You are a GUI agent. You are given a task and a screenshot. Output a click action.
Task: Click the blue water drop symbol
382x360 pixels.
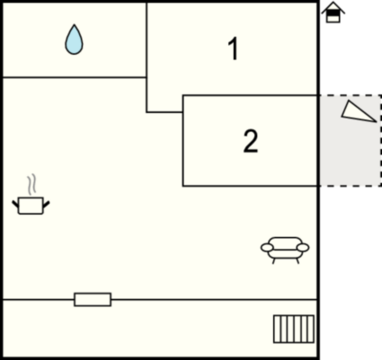(x=74, y=40)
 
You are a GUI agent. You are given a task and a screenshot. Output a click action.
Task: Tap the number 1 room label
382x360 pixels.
(x=233, y=48)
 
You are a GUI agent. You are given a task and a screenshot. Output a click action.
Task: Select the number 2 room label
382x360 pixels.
(x=251, y=141)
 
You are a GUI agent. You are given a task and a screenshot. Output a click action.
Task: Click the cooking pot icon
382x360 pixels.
(x=31, y=206)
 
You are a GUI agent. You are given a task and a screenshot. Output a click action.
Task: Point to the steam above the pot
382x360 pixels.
(x=31, y=184)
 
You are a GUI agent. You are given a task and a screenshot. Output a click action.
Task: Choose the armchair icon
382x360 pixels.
(x=285, y=250)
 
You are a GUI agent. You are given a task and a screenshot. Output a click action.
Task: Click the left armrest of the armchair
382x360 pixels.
(x=267, y=248)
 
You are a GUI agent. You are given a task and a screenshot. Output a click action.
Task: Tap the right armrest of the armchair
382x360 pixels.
(x=303, y=248)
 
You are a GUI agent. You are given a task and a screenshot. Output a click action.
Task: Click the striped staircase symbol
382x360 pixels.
(x=294, y=329)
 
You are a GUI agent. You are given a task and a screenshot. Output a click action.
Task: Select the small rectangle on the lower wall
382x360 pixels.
(x=93, y=300)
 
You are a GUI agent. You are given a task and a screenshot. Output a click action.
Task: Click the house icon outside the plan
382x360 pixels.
(x=333, y=13)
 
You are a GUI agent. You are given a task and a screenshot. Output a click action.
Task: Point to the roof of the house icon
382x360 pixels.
(x=333, y=8)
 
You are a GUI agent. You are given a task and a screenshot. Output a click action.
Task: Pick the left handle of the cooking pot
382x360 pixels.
(x=15, y=205)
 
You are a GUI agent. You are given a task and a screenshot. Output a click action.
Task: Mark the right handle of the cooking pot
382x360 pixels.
(x=47, y=205)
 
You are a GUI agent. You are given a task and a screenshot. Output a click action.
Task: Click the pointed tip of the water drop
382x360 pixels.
(x=74, y=25)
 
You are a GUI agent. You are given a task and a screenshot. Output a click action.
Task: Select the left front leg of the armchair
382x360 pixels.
(x=274, y=260)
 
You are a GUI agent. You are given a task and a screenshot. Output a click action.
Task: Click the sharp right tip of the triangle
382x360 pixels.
(x=377, y=122)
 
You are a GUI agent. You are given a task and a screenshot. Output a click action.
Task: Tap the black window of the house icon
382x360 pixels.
(x=333, y=13)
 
